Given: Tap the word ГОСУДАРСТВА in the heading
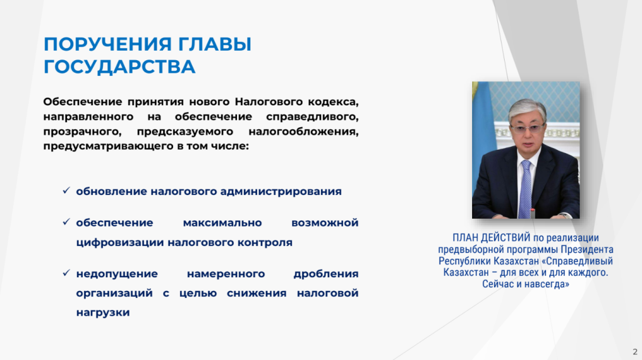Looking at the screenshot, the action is pos(120,67).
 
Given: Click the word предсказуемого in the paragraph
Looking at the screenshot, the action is pos(185,132).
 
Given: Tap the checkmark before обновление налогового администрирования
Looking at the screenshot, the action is pos(66,191).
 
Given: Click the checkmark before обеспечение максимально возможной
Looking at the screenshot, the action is pos(66,222).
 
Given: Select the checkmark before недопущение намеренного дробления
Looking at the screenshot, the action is pos(66,273).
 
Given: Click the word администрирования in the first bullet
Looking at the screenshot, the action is pos(281,192).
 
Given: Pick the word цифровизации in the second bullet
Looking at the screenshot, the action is pos(120,243).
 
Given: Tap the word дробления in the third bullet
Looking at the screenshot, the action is pos(326,273).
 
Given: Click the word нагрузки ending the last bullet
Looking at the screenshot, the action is pos(103,312).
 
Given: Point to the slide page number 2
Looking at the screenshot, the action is pos(635,352).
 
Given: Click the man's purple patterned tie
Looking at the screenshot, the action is pos(525,189).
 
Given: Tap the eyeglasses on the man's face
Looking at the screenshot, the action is pos(527,129).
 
